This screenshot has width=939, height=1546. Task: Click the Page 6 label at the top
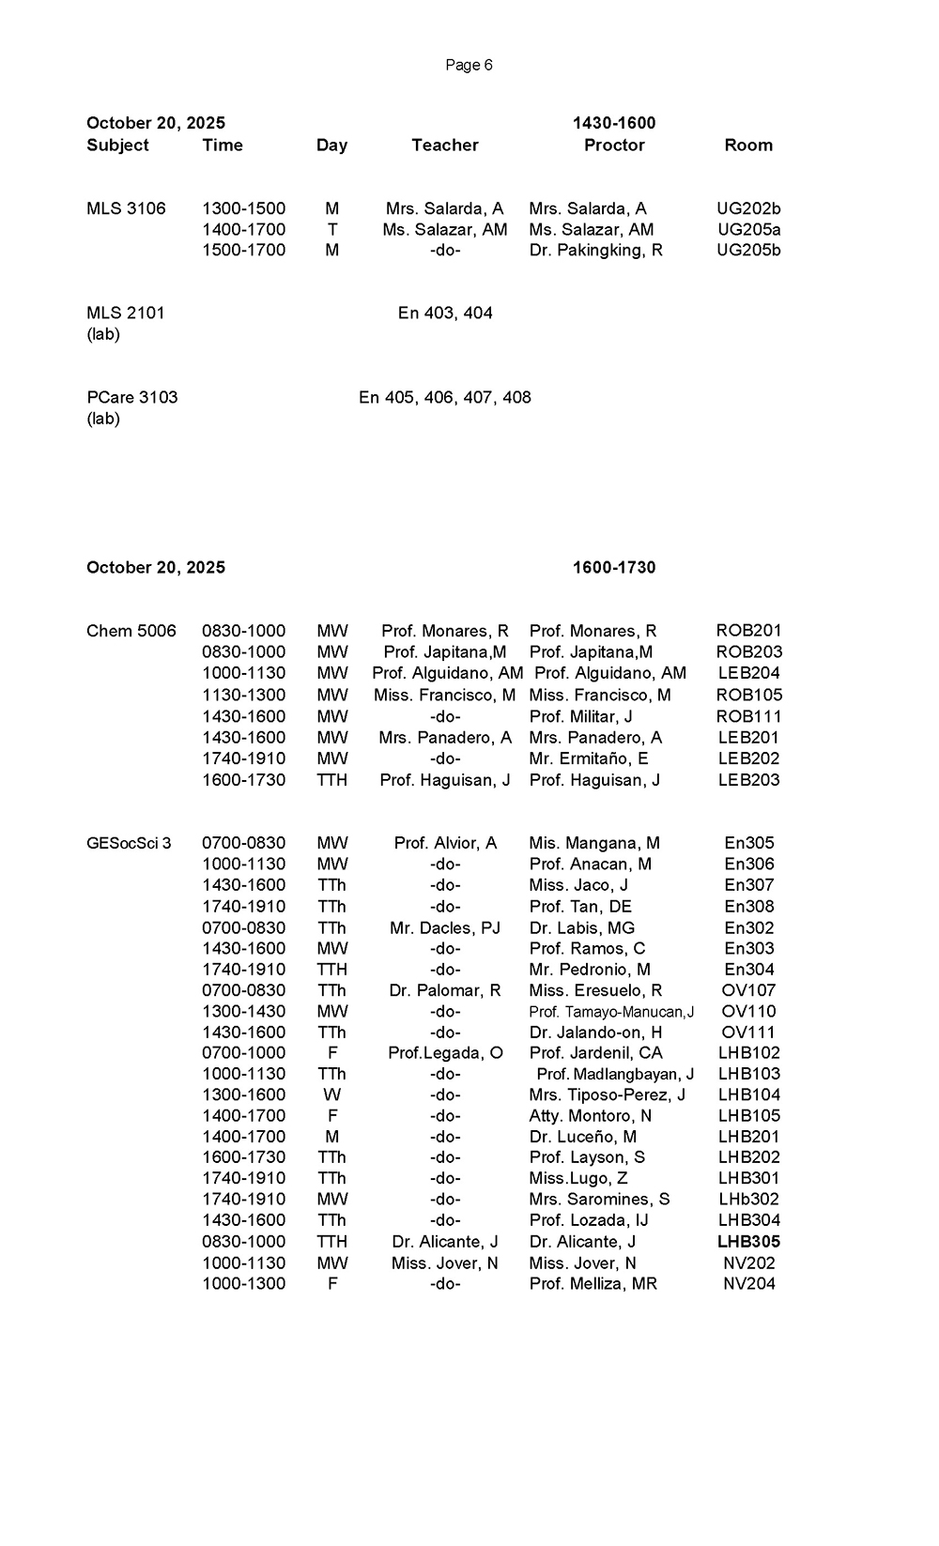pos(469,65)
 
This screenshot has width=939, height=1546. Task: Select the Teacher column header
pos(444,145)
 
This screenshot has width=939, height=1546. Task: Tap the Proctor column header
pos(614,145)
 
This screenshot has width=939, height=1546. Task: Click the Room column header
pos(748,145)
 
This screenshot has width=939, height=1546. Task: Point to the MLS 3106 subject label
pos(126,208)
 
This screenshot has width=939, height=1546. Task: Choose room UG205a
pos(748,229)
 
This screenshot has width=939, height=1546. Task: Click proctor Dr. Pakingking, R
pos(595,250)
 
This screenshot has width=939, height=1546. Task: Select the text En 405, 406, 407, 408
pos(444,397)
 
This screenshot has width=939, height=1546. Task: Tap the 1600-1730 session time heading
pos(614,567)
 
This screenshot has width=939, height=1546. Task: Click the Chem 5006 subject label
pos(131,631)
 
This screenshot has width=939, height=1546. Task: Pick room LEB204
pos(748,673)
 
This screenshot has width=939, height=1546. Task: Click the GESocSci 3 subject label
pos(129,843)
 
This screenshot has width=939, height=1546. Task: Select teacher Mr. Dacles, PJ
pos(444,927)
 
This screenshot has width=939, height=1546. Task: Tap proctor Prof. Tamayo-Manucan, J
pos(611,1012)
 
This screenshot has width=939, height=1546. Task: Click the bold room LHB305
pos(748,1241)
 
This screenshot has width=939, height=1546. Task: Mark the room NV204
pos(748,1283)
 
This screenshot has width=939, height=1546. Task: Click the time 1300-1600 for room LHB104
pos(243,1094)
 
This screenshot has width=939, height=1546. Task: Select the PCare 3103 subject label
pos(131,397)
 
